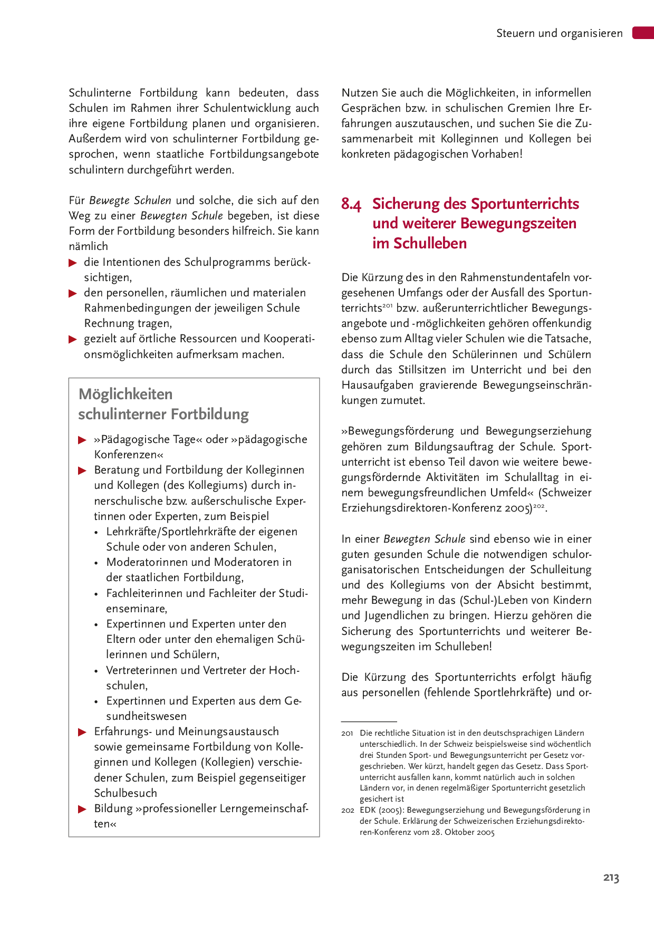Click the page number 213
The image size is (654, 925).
click(611, 878)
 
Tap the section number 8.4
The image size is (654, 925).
click(351, 204)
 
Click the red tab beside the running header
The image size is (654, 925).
click(643, 33)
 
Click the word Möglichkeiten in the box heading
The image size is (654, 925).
click(126, 394)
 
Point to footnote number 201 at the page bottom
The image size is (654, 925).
click(347, 733)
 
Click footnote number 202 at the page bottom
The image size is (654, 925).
click(347, 810)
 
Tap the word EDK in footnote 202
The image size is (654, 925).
click(368, 810)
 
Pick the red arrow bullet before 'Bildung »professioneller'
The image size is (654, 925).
click(82, 809)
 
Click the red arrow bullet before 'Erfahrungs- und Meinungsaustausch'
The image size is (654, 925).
click(82, 732)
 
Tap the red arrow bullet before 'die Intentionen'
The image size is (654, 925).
click(73, 263)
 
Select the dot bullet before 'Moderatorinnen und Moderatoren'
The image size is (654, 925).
click(96, 563)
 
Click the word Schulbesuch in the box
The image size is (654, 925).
click(126, 793)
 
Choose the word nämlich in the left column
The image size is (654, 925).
click(88, 246)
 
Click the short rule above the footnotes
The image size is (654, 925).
click(369, 721)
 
